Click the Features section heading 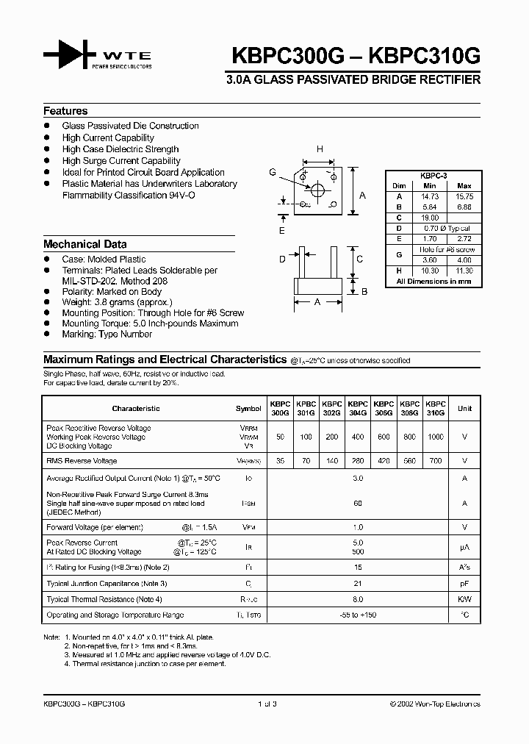65,111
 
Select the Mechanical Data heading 84,244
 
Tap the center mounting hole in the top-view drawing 317,190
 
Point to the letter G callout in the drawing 273,172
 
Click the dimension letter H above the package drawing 320,149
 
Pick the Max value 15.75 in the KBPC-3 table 464,197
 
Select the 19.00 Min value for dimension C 431,218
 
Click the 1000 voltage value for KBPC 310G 436,437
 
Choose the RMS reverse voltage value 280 358,461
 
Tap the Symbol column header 248,409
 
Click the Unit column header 464,409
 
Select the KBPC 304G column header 358,409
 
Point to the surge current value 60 358,504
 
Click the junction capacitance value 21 358,583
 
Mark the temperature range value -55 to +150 358,615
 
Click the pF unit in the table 464,583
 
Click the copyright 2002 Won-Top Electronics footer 435,704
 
